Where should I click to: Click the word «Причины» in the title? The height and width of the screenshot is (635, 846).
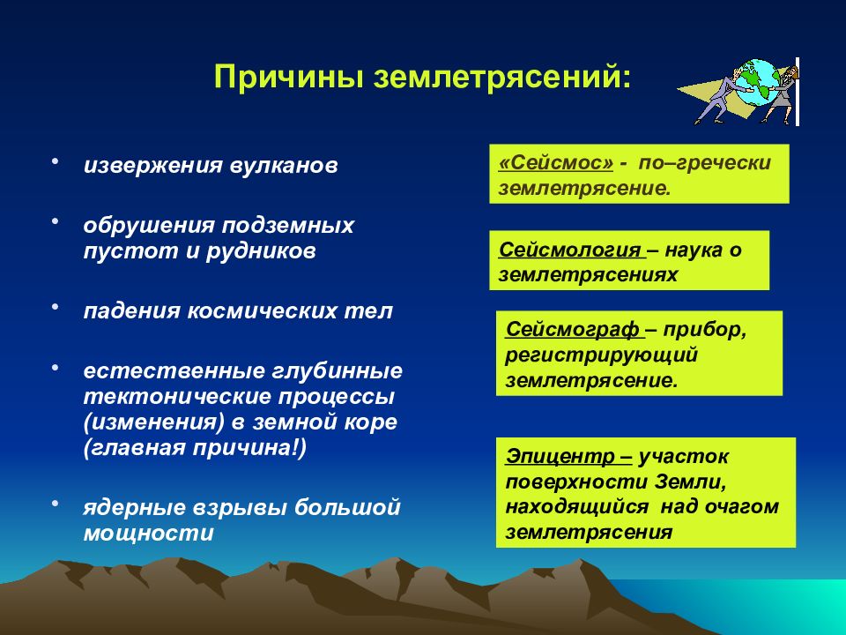click(289, 78)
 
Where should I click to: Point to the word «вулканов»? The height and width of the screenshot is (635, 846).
click(284, 165)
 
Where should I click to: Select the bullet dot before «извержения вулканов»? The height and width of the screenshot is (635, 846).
click(55, 161)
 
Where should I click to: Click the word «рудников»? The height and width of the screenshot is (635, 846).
click(261, 251)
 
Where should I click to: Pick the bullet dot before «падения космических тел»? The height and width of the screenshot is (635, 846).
click(55, 306)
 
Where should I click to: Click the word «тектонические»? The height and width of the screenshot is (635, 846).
click(177, 397)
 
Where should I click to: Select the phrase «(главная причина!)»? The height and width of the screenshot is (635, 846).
click(195, 449)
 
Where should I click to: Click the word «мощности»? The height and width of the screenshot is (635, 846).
click(149, 534)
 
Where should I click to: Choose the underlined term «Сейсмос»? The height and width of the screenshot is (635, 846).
click(556, 162)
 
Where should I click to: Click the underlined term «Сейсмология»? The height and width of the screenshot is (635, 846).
click(570, 250)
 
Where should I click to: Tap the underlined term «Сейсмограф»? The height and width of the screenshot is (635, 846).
click(573, 329)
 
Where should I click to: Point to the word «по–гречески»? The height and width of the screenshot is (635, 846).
click(705, 163)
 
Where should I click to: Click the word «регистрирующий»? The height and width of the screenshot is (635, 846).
click(602, 355)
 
